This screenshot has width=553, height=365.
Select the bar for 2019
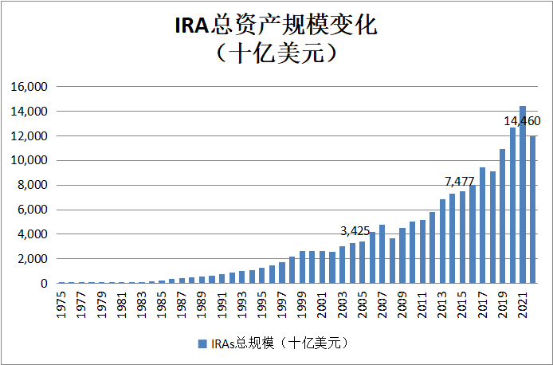tap(503, 216)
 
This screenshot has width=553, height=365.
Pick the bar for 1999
tap(302, 267)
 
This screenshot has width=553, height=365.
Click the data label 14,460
tap(522, 121)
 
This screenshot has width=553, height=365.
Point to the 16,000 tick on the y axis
tap(31, 87)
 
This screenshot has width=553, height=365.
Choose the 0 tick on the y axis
tap(45, 283)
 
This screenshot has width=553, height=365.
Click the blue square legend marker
tap(201, 343)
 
